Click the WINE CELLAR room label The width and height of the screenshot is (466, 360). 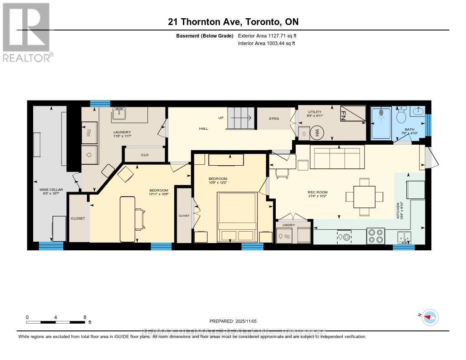51,189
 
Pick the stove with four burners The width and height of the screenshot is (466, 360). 375,236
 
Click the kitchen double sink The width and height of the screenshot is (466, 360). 404,237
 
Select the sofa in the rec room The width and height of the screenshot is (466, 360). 337,157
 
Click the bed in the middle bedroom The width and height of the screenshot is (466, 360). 237,216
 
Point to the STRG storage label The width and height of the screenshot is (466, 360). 274,118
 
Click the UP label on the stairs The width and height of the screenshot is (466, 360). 221,118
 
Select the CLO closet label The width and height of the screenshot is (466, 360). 145,155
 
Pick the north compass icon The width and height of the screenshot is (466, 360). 430,317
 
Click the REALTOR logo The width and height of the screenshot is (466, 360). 26,32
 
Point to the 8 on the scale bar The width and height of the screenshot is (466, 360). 85,317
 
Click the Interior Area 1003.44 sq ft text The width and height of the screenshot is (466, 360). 266,44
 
